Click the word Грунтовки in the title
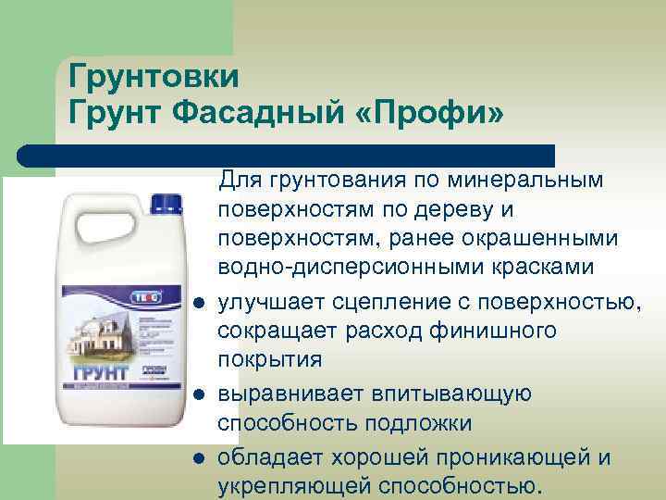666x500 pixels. [x=154, y=76]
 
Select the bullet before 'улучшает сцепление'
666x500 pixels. [x=198, y=304]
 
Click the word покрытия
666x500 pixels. [x=267, y=361]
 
